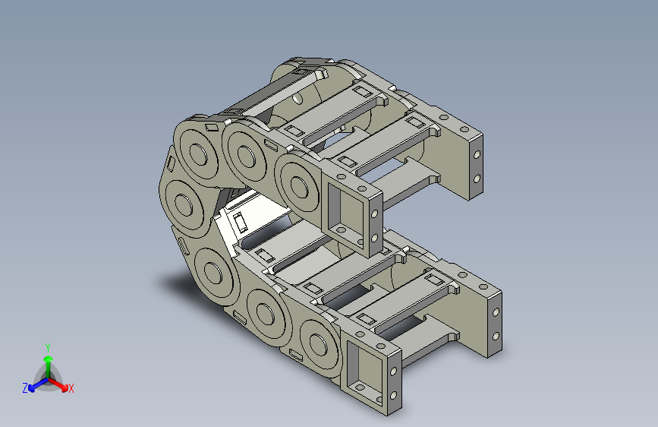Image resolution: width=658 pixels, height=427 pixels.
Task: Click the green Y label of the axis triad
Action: point(48,348)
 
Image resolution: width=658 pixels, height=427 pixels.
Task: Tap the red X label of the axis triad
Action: point(71,388)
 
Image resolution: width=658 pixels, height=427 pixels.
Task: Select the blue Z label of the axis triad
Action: point(25,388)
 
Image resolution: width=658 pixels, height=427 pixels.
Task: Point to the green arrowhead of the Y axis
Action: point(49,359)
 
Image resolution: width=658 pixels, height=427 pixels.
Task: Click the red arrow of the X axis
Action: point(58,384)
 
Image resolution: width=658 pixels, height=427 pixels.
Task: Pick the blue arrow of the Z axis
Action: point(39,384)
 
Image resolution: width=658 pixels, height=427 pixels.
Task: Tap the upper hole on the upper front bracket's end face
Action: point(374,214)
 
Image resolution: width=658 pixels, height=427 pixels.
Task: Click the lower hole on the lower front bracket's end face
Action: point(393,395)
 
